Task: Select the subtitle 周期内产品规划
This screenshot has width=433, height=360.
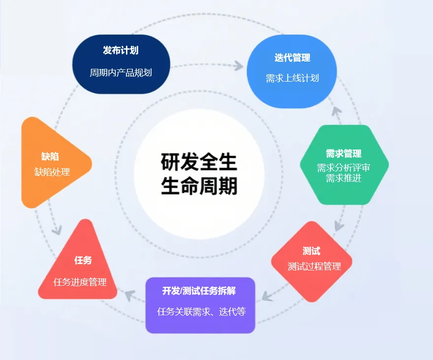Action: coord(121,73)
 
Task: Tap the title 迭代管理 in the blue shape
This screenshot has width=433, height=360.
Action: coord(292,58)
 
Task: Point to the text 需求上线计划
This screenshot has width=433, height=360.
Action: coord(292,78)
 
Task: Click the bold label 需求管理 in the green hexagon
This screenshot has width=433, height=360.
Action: coord(343,154)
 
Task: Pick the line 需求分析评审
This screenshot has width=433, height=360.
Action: coord(343,168)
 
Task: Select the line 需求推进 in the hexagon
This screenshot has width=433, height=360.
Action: coord(343,178)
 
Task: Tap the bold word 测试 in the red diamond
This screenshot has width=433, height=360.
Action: coord(311,251)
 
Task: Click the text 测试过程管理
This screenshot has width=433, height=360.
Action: coord(314,267)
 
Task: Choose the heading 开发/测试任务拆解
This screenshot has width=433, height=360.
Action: coord(199,291)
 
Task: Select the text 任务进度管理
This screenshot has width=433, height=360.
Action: coord(80,282)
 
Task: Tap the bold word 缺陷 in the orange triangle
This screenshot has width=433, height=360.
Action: coord(50,157)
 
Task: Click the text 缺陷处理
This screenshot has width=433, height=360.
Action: coord(52,172)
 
